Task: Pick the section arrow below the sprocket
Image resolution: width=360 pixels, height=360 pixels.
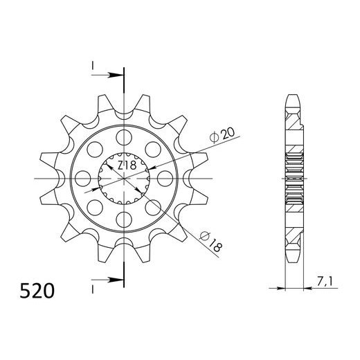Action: tap(109, 280)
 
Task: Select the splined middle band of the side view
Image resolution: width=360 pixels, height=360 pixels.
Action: tap(294, 178)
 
